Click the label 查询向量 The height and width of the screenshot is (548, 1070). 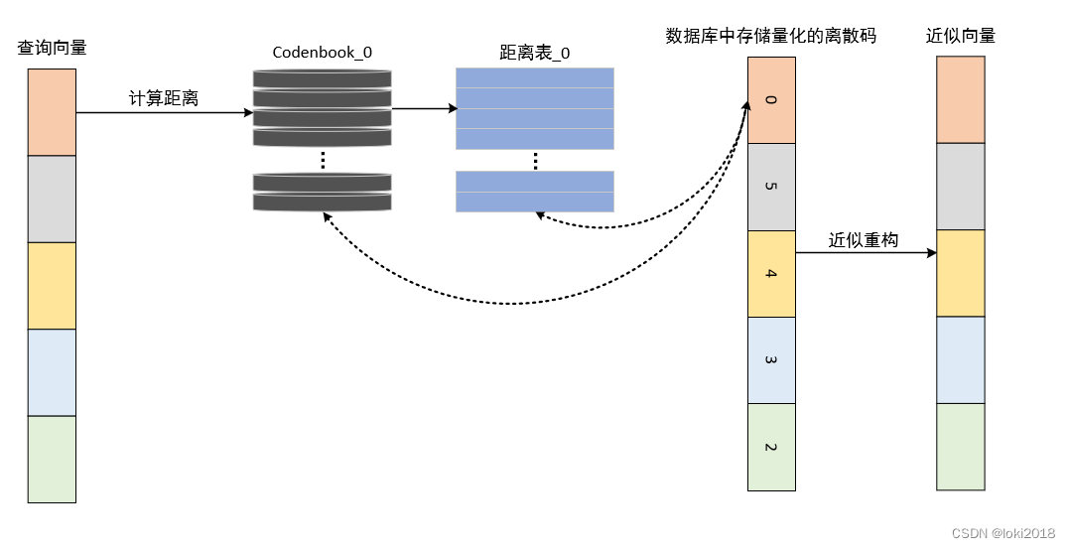pos(52,47)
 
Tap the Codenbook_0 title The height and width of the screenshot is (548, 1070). pos(322,52)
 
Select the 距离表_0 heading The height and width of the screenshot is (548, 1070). pos(535,52)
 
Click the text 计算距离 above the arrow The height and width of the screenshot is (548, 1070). pos(164,98)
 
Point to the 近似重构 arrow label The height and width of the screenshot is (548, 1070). pos(864,239)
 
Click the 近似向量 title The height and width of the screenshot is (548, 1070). pos(961,36)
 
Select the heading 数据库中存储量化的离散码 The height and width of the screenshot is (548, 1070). pos(770,36)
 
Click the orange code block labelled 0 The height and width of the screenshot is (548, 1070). pos(771,100)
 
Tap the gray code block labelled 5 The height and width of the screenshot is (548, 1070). pos(771,187)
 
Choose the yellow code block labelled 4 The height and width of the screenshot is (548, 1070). pos(771,274)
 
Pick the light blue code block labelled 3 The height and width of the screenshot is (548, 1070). pos(771,360)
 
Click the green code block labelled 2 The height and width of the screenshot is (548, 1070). pos(771,447)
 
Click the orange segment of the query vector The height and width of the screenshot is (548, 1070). pos(52,112)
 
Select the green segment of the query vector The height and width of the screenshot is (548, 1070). pos(52,459)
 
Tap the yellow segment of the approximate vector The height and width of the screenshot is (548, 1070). pos(961,273)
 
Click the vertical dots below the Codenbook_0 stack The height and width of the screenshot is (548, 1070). pos(323,160)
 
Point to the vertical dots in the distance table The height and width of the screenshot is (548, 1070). pos(535,160)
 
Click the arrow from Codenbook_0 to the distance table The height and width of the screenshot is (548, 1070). pos(418,108)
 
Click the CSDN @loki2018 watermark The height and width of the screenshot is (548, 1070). pos(1002,533)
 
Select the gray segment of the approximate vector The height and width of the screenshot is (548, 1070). pos(961,187)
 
